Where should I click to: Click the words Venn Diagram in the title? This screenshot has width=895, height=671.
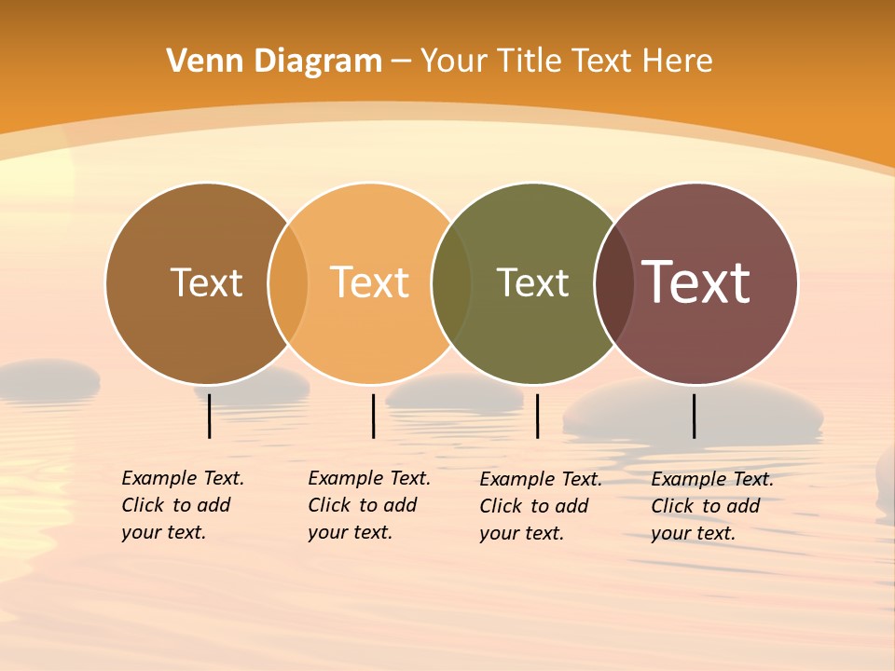click(x=274, y=62)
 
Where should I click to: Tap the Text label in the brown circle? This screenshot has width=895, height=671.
click(x=206, y=282)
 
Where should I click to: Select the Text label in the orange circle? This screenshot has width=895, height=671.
click(x=370, y=282)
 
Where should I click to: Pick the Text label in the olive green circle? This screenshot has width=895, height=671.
click(x=532, y=282)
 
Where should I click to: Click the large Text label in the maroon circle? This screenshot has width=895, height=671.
click(x=696, y=281)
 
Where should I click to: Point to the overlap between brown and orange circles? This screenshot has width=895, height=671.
click(x=288, y=283)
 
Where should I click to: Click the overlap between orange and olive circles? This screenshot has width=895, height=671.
click(x=451, y=283)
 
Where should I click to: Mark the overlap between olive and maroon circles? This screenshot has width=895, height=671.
click(x=614, y=283)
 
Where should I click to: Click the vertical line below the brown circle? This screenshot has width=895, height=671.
click(x=210, y=416)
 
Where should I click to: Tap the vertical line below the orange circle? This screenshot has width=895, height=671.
click(x=373, y=416)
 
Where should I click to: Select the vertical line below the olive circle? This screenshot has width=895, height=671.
click(x=537, y=416)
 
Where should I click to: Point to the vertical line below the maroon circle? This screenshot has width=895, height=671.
click(x=695, y=416)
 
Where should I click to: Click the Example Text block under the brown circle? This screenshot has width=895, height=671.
click(x=182, y=505)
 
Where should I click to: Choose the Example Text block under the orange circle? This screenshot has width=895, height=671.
click(x=368, y=505)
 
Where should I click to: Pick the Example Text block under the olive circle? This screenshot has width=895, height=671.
click(x=540, y=506)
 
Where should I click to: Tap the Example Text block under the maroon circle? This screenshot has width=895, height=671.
click(x=711, y=506)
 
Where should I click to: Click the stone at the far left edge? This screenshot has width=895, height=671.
click(x=47, y=378)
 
